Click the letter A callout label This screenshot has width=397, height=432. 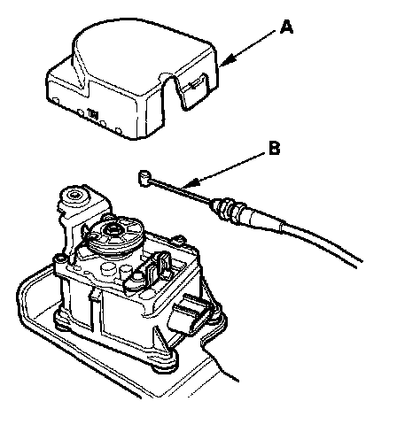tap(286, 27)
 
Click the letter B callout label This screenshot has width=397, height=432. tap(275, 148)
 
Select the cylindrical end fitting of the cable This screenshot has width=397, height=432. tap(144, 178)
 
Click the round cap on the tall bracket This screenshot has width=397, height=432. tap(74, 195)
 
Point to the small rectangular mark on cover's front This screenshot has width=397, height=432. tap(93, 113)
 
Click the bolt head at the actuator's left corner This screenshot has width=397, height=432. tap(59, 258)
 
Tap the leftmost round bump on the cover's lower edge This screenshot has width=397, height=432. tap(56, 101)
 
